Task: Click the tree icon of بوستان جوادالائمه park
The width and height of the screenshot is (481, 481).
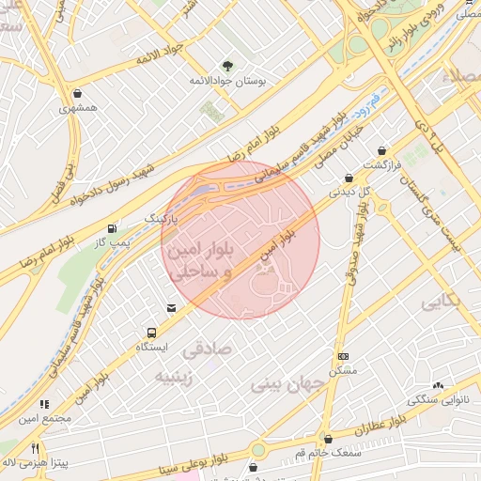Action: (227, 65)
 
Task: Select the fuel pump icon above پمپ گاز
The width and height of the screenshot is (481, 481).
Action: (114, 227)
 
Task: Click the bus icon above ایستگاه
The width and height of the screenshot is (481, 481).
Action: (150, 333)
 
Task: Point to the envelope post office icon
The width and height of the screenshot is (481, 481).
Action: (170, 307)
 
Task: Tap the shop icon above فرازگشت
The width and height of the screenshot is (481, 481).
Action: (381, 150)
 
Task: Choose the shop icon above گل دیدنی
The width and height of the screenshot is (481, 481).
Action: (349, 177)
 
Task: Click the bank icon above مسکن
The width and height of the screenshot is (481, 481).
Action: (344, 356)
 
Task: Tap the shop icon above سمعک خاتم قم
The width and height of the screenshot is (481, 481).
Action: (328, 439)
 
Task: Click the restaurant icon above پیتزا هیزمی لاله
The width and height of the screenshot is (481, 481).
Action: (36, 448)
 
